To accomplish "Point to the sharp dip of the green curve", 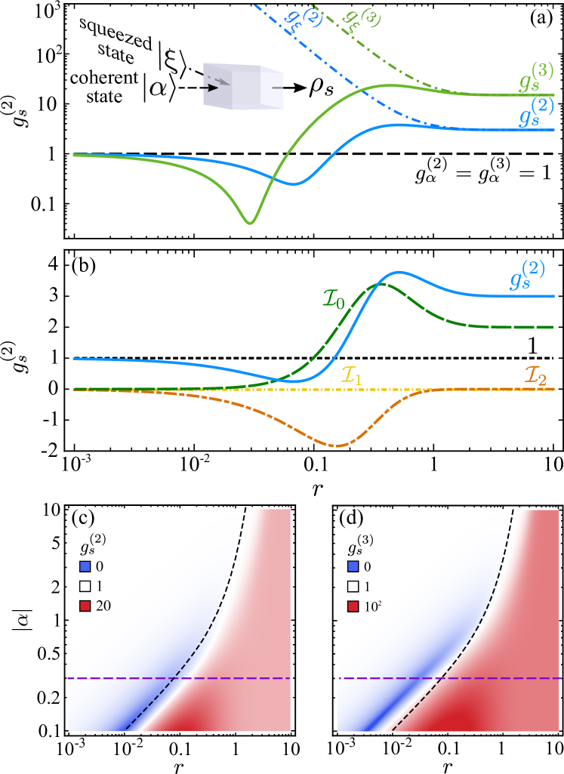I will [250, 222].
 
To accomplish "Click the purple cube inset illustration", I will [242, 87].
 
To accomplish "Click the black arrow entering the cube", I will [211, 88].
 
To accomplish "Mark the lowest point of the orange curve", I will [336, 446].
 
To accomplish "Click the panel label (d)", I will [352, 520].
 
